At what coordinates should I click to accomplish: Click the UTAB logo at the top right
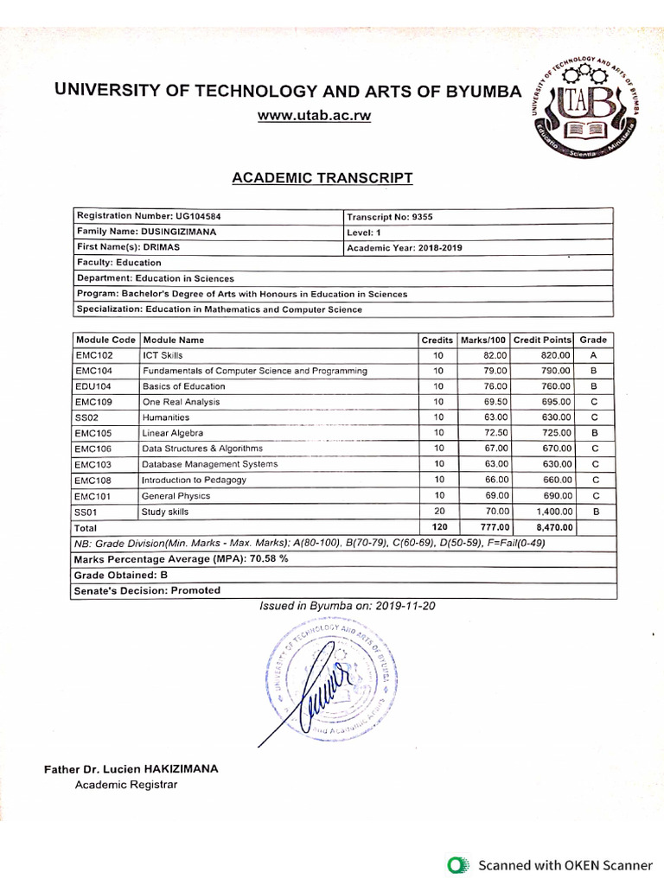tap(585, 109)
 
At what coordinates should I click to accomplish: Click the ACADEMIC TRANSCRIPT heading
tap(322, 178)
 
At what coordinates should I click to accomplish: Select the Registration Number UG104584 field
tap(143, 216)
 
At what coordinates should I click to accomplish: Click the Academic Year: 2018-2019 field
tap(404, 247)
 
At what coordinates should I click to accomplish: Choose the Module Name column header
tap(174, 340)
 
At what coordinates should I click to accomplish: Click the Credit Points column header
tap(542, 340)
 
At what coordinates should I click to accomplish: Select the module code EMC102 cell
tap(94, 355)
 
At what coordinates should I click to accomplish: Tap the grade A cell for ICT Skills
tap(593, 355)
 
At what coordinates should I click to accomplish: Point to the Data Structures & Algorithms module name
tap(202, 449)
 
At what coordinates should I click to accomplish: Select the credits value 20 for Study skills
tap(439, 512)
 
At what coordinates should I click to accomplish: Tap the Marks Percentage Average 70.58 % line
tap(181, 559)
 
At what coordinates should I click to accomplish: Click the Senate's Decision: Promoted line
tap(147, 590)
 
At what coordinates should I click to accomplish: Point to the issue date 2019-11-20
tap(405, 606)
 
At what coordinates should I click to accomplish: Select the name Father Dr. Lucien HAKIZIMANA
tap(131, 768)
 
